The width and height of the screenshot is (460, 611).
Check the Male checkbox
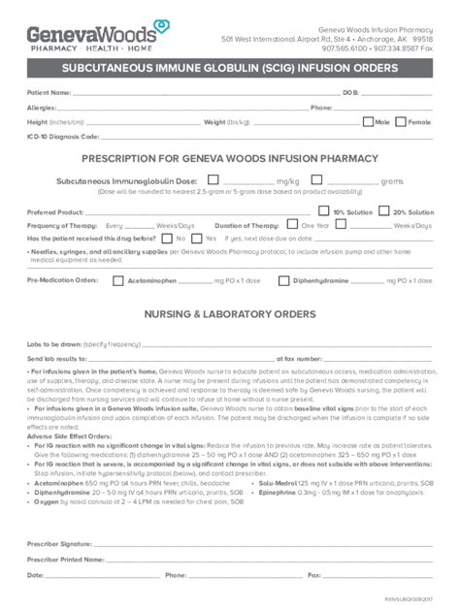tap(368, 122)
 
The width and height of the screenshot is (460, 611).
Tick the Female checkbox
tap(401, 122)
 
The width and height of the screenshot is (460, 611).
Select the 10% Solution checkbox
tap(326, 211)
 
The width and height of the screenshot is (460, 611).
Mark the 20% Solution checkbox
tap(385, 211)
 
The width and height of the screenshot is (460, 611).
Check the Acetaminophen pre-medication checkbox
tap(118, 281)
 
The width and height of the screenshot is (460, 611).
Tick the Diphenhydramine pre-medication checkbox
tap(283, 281)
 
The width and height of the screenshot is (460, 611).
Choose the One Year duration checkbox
tap(294, 225)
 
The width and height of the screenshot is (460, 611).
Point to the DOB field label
tap(350, 93)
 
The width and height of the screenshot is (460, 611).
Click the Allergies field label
tap(42, 108)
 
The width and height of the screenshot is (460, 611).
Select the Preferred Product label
tap(54, 211)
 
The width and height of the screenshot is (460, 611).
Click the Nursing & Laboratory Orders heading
tap(229, 315)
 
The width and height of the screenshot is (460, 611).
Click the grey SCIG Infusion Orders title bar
tap(229, 69)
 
